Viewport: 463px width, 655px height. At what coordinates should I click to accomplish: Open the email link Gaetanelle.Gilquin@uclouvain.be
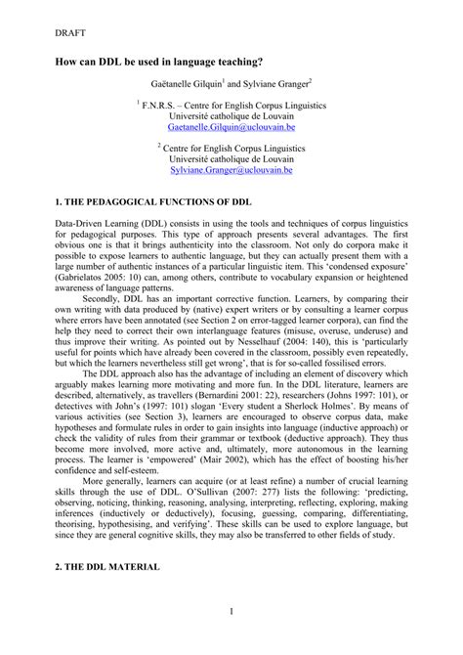coord(231,126)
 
